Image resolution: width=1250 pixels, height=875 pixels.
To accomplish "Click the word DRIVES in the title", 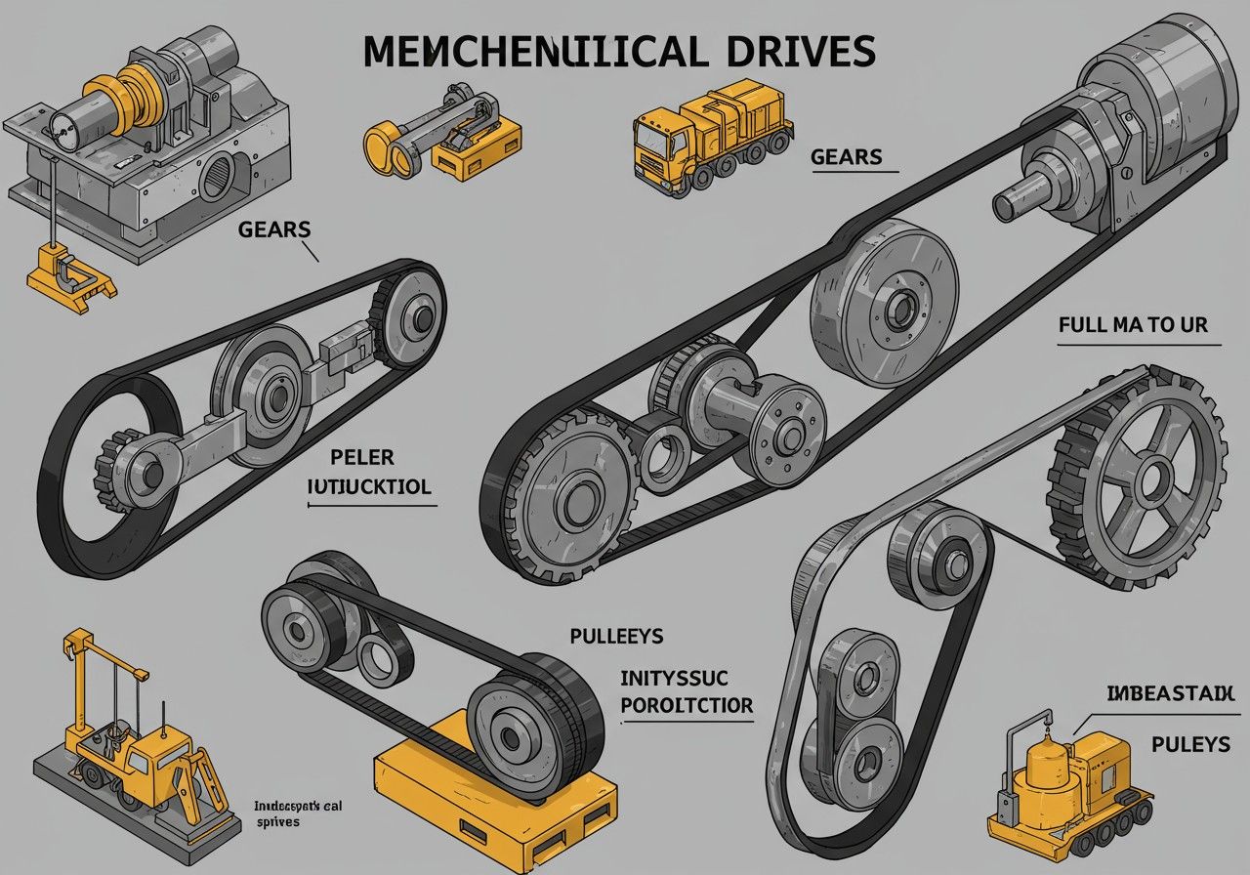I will point(793,52).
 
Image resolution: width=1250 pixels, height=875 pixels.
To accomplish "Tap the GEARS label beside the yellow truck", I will point(846,157).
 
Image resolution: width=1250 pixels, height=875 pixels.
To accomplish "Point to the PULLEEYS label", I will point(616,637).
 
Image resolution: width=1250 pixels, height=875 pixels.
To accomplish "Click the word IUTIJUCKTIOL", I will point(368,485).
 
